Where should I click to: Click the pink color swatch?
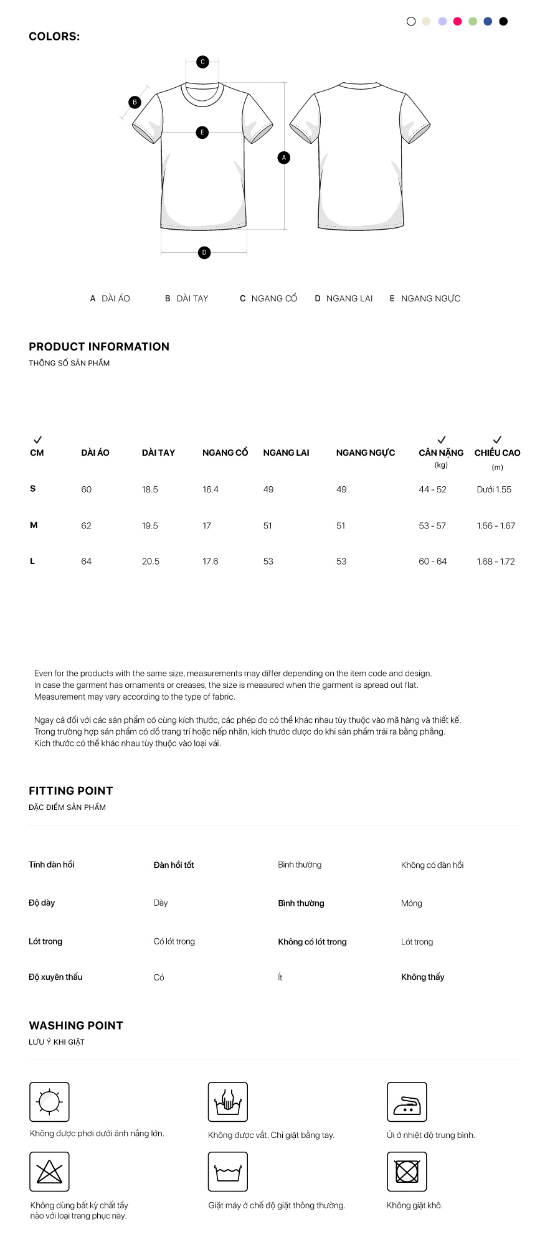(457, 21)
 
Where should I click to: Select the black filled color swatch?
(503, 21)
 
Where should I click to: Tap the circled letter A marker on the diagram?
(284, 157)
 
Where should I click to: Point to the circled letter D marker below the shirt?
(204, 252)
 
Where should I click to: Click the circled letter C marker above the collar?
(202, 62)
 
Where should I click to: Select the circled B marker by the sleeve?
(135, 102)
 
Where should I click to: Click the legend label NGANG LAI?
(349, 298)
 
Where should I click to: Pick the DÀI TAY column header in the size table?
(158, 453)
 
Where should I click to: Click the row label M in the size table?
(34, 525)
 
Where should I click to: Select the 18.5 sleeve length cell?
(150, 489)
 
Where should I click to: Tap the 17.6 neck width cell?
(211, 561)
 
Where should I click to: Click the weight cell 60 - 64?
(433, 561)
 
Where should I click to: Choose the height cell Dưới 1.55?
(494, 489)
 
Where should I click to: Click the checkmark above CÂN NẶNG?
(442, 440)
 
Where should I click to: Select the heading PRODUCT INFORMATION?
(99, 347)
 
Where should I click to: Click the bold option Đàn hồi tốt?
(174, 865)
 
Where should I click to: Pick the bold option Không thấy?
(423, 977)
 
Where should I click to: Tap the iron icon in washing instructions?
(407, 1101)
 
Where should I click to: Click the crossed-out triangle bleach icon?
(49, 1171)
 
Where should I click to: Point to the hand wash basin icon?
(228, 1101)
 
